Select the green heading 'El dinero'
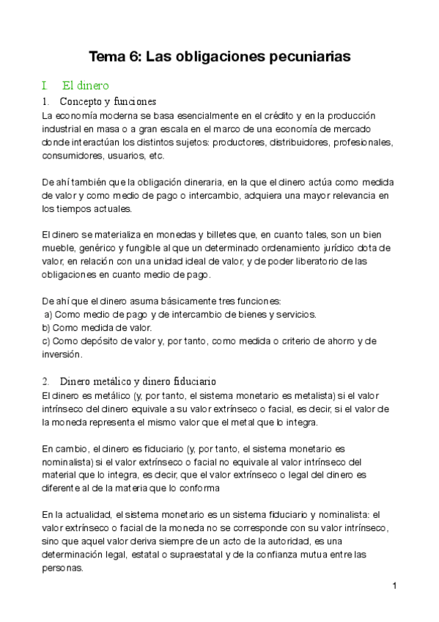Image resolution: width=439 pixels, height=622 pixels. [85, 86]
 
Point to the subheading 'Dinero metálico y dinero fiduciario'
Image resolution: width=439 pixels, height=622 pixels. [138, 381]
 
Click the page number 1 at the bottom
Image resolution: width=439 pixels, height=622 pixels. [394, 585]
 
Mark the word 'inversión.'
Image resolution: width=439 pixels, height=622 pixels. [63, 354]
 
